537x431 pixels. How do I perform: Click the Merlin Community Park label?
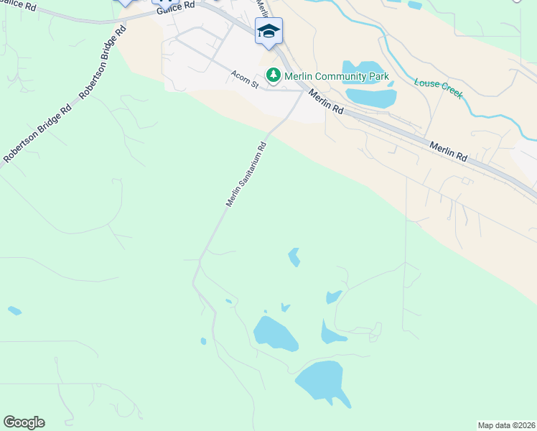point(336,75)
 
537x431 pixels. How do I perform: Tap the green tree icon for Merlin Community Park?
point(273,75)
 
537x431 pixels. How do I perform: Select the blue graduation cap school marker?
point(268,31)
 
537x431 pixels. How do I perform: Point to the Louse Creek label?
point(439,87)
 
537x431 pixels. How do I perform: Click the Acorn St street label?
point(245,79)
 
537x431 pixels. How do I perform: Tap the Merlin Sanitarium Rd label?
point(246,174)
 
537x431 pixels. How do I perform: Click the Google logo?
point(24,422)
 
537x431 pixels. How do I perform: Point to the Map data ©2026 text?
point(507,425)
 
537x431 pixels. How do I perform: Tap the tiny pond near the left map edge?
point(14,310)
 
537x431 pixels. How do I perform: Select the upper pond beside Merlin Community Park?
point(365,72)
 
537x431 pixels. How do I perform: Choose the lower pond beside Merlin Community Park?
point(370,97)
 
